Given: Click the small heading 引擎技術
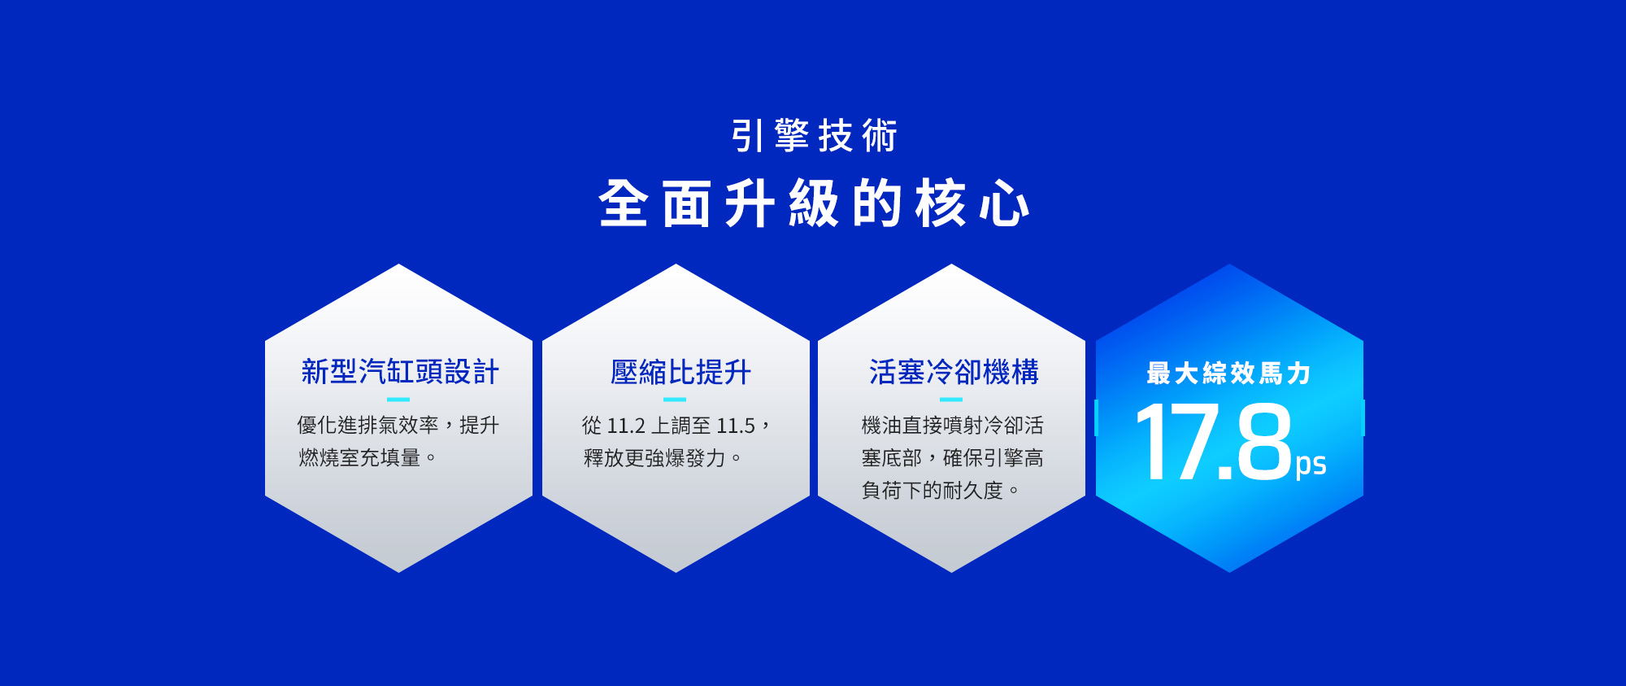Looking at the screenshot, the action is (814, 136).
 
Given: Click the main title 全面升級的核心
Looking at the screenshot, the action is (814, 203).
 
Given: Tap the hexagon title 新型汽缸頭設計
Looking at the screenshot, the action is (400, 372).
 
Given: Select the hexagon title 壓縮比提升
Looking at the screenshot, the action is (680, 372).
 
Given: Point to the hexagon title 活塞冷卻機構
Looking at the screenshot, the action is (954, 372).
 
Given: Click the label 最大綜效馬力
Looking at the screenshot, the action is (1228, 374).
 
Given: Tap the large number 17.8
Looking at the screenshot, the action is (1213, 442).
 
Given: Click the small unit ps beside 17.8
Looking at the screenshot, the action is (1311, 465).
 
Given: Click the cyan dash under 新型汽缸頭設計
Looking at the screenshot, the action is (398, 400).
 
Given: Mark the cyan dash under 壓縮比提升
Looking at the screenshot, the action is (675, 400).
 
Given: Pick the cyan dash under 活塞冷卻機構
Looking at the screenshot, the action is (951, 400).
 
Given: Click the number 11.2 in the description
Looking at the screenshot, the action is (626, 426).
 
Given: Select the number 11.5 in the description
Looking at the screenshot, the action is (736, 426).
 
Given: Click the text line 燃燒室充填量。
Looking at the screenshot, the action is (367, 458).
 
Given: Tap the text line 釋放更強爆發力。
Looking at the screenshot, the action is (663, 458).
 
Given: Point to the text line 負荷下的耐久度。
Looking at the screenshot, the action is (941, 491).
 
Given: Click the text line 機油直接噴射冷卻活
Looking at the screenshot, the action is (952, 426).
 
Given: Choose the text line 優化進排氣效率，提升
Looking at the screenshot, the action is (398, 426).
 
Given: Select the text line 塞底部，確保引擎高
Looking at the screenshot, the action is (952, 458).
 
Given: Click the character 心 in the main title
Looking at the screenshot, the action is (1005, 203).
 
